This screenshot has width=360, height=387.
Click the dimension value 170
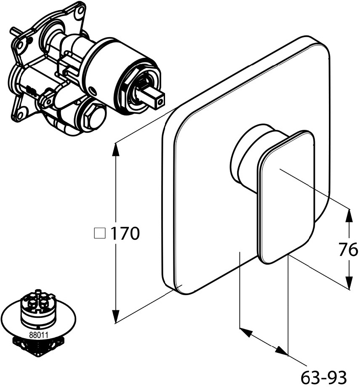coord(125,233)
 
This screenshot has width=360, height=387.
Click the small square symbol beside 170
coord(100,233)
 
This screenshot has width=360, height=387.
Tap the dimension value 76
coord(348,250)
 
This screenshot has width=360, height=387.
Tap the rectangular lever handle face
coord(286,197)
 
